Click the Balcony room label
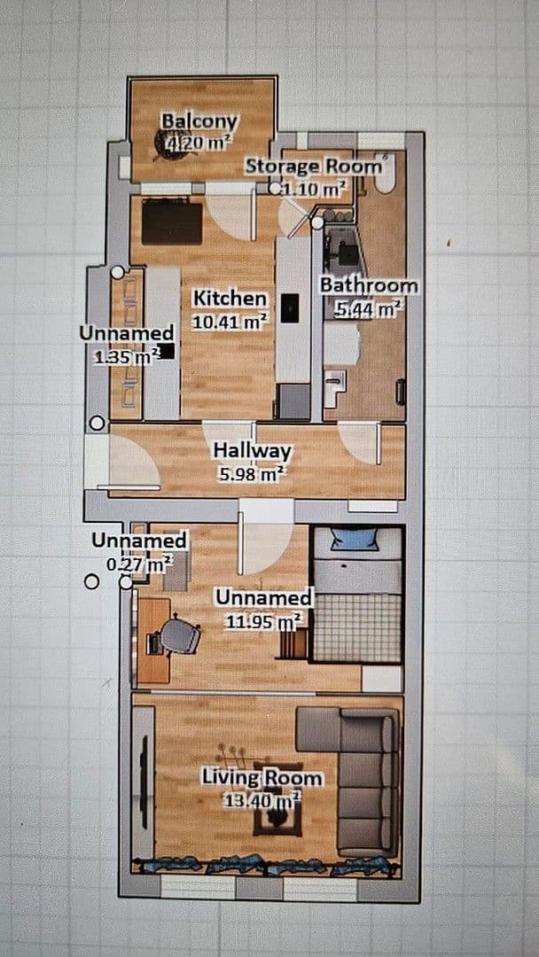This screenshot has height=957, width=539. (x=199, y=121)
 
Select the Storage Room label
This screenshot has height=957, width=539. (x=313, y=166)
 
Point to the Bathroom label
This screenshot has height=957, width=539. (x=370, y=285)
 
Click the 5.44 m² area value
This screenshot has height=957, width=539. (x=368, y=309)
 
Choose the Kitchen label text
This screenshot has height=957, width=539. (x=230, y=299)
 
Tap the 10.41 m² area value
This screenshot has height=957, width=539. (x=230, y=322)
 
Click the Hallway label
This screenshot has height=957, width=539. (x=252, y=451)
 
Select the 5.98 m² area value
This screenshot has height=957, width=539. (x=252, y=473)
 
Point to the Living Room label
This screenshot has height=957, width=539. (x=262, y=778)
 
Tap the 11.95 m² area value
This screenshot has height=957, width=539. (x=263, y=621)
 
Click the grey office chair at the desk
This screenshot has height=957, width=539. (x=180, y=636)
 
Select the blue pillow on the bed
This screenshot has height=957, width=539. (x=354, y=540)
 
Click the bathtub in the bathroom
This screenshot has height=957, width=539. (x=386, y=174)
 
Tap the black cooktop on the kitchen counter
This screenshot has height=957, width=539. (x=291, y=307)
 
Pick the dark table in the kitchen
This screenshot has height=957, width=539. (x=172, y=222)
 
